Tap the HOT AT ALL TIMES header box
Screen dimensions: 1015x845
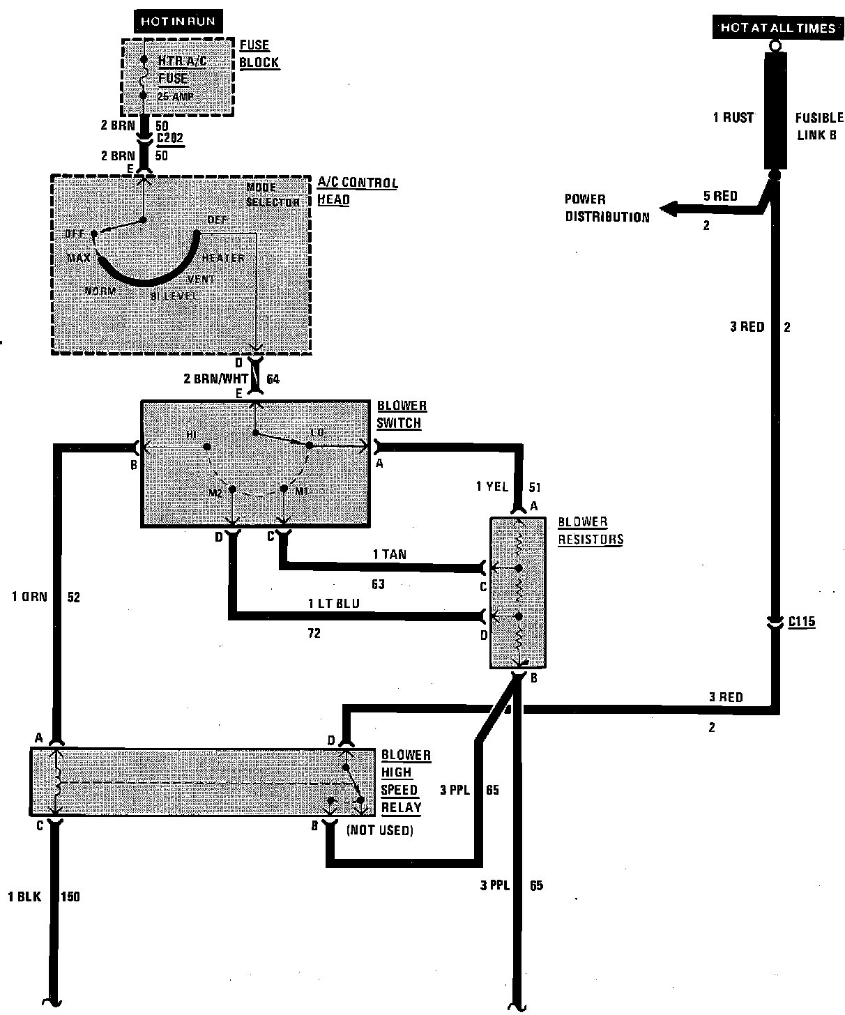click(x=777, y=28)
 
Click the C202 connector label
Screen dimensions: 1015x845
click(x=170, y=139)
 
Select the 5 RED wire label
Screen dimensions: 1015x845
click(x=720, y=197)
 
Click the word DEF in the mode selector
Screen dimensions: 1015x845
click(x=217, y=220)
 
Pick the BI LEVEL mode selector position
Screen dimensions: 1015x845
click(x=174, y=296)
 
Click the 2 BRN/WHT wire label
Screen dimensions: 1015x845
click(x=215, y=379)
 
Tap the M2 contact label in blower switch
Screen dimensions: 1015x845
click(x=215, y=493)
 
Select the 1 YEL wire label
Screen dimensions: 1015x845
click(x=492, y=487)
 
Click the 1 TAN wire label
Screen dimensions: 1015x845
click(x=390, y=555)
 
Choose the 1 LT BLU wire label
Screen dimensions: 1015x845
click(x=334, y=604)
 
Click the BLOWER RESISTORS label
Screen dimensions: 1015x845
click(x=590, y=531)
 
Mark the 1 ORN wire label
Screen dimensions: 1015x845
click(x=29, y=597)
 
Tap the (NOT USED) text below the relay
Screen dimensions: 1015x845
click(x=379, y=830)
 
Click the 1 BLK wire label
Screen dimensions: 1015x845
click(x=25, y=896)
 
